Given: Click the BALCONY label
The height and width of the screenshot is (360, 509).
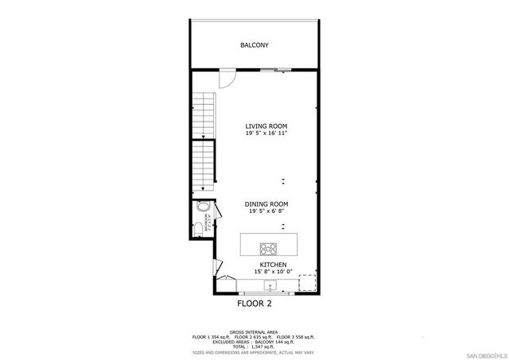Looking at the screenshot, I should tap(254, 45).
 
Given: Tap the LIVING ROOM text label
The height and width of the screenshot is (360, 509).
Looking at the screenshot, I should tap(266, 126).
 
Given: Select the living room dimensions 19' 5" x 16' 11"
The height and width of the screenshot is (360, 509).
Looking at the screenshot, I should tap(266, 134).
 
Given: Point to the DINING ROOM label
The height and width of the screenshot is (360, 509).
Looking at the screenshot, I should tap(266, 204).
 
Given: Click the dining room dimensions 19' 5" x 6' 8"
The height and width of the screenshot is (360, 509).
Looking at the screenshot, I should tap(266, 211).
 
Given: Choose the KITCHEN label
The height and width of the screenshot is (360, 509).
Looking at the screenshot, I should tap(273, 265).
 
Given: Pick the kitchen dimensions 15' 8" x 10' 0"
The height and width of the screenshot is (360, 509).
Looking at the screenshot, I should tap(273, 272).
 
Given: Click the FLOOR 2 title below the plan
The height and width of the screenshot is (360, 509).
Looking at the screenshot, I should tap(254, 304).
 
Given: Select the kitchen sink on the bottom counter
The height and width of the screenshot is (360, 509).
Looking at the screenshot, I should tap(270, 285).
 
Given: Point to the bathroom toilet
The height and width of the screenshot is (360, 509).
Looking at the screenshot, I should tap(198, 230).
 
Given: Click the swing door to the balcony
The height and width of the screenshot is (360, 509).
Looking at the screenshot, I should tap(227, 78).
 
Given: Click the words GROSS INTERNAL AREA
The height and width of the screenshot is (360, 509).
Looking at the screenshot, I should tap(254, 332).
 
